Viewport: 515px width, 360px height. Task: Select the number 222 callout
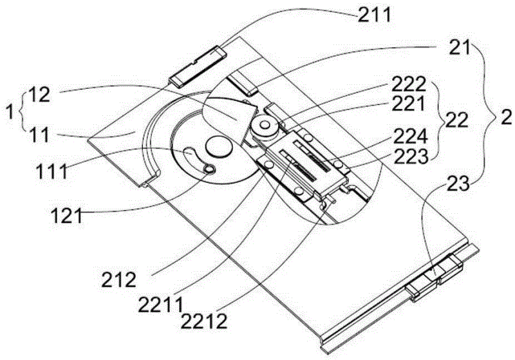(409, 85)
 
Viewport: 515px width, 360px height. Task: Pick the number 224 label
(410, 137)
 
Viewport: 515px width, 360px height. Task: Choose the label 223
(411, 158)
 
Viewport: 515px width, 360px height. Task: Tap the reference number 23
(458, 185)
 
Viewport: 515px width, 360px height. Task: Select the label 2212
(204, 321)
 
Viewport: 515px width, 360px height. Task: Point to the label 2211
(160, 305)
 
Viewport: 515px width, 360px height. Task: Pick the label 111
(52, 171)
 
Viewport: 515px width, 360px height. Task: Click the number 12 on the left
(39, 95)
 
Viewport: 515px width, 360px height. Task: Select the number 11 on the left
(39, 135)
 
